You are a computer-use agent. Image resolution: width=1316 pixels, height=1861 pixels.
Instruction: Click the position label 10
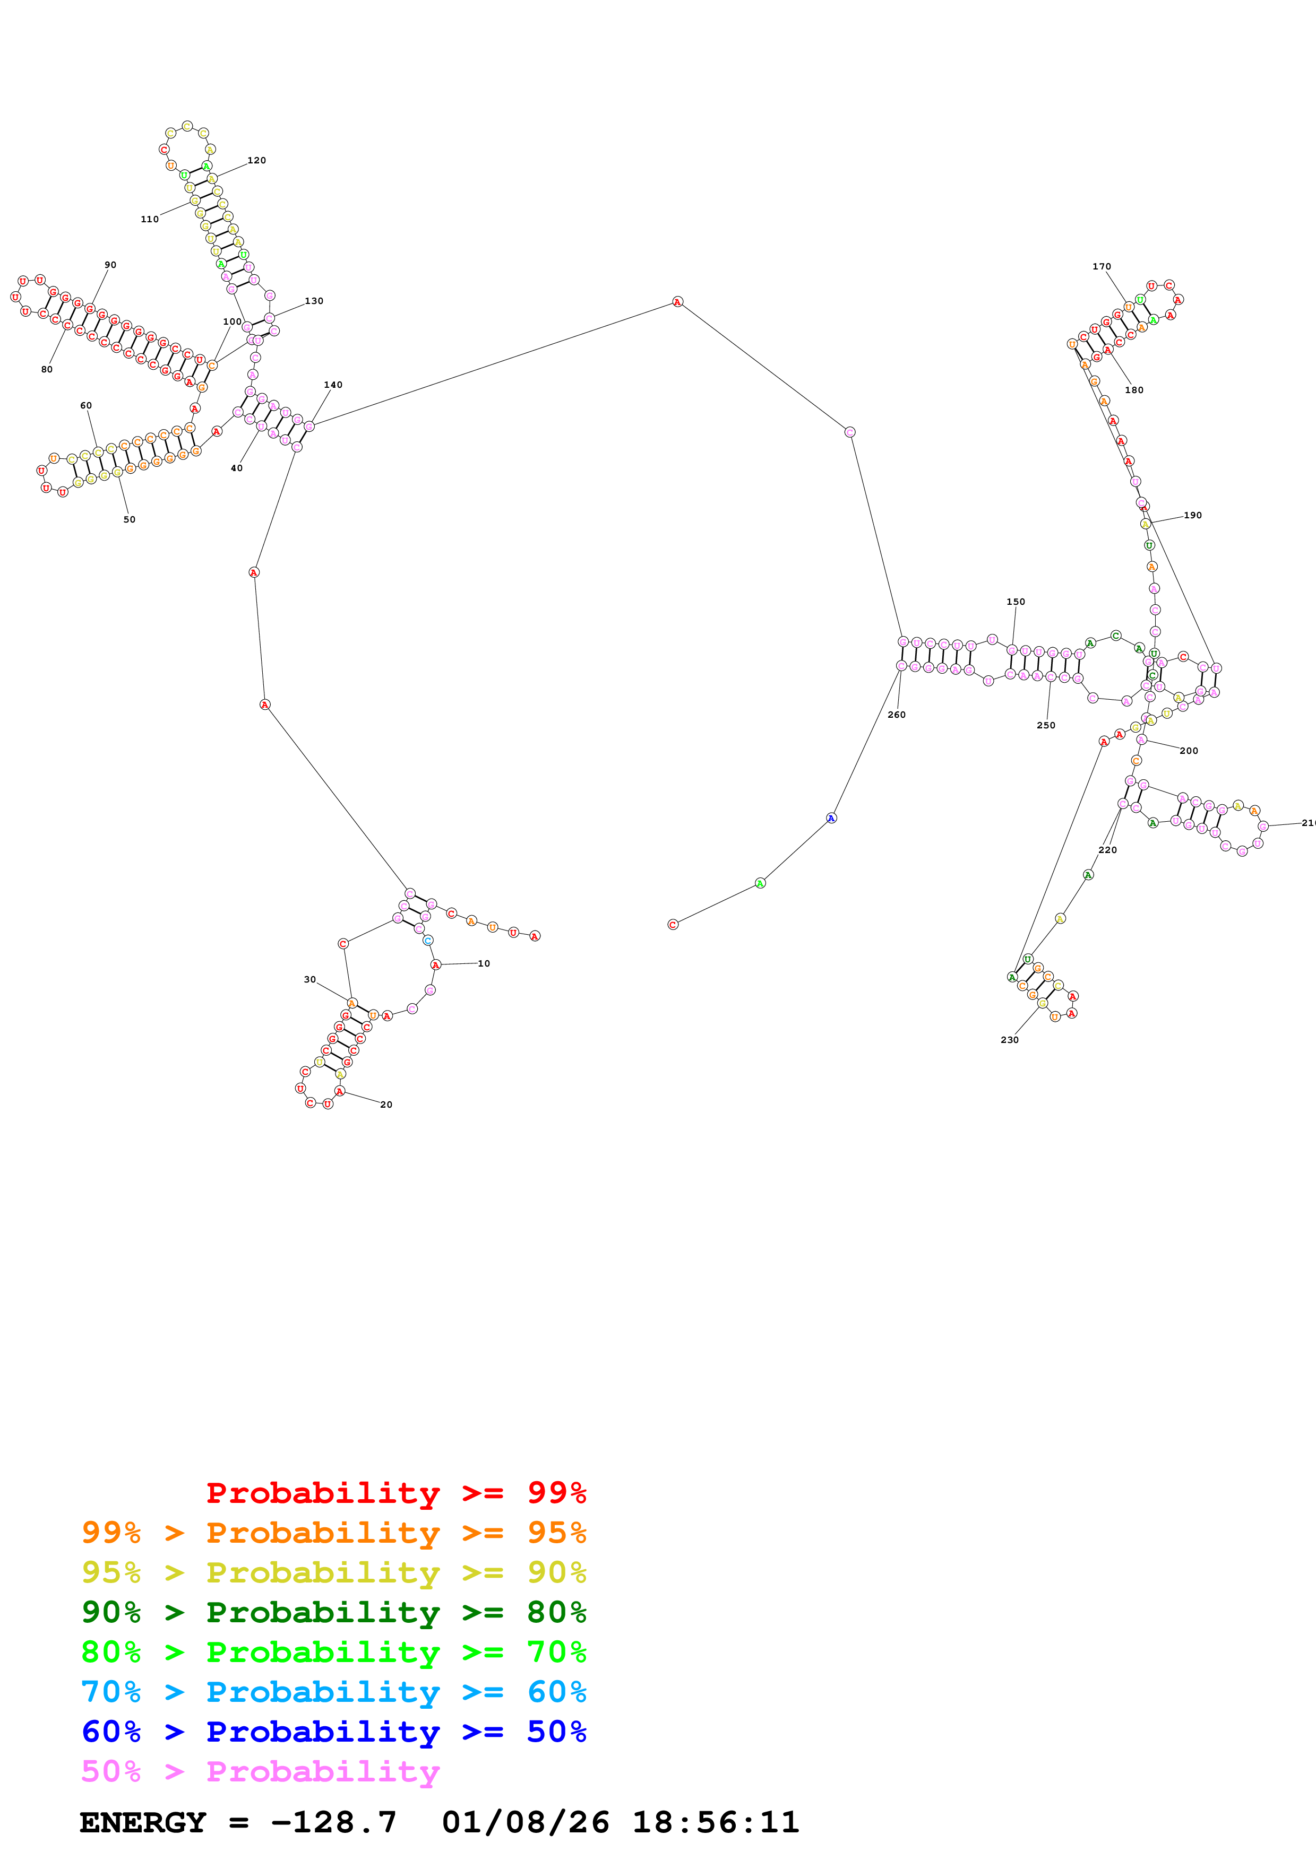pos(483,964)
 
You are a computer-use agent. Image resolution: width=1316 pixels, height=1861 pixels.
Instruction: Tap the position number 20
pos(386,1105)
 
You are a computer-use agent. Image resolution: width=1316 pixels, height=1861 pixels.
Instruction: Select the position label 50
pos(129,519)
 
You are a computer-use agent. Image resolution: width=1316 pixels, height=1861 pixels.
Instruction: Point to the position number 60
pos(86,405)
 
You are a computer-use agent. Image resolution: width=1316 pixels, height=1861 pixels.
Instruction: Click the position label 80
pos(47,370)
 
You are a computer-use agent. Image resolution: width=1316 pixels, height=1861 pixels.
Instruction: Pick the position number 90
pos(110,265)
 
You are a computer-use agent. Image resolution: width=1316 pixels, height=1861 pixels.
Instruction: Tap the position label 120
pos(257,161)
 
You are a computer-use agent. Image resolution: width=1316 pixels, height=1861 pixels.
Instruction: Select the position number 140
pos(333,385)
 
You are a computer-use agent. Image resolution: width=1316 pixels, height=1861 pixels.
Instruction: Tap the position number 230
pos(1010,1040)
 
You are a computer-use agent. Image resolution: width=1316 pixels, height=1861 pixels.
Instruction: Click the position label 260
pos(896,715)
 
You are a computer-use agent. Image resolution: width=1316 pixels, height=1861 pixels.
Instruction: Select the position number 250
pos(1046,725)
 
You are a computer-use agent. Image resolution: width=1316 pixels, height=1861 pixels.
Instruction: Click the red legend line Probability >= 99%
pos(395,1492)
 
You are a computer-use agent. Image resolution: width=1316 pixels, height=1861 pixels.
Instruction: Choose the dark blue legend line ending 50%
pos(333,1732)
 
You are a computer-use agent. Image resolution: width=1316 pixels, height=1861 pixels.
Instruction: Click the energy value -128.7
pos(333,1822)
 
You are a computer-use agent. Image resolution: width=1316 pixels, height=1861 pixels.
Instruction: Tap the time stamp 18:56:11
pos(715,1822)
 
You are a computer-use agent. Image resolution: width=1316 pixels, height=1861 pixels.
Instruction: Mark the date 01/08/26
pos(526,1822)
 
